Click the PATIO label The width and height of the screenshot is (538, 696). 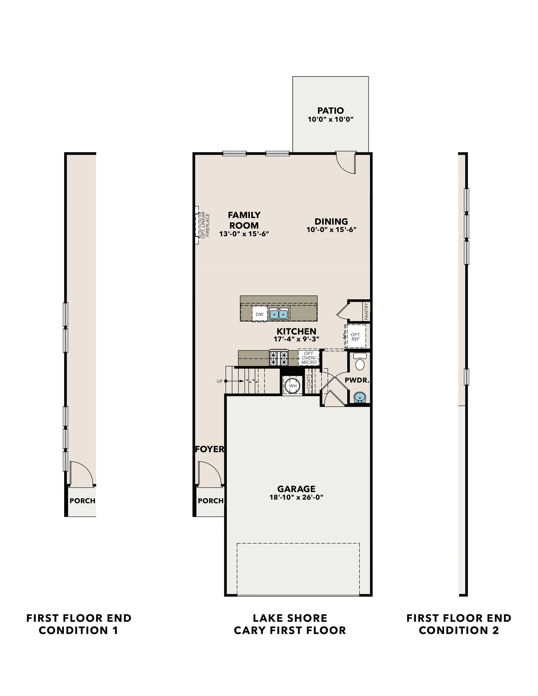(x=331, y=111)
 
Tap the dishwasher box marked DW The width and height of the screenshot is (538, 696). (x=260, y=314)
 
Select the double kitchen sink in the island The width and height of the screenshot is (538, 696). (x=279, y=314)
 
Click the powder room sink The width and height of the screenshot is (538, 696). (x=360, y=397)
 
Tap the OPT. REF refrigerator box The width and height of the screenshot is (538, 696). (x=355, y=337)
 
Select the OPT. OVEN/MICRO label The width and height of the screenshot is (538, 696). (x=309, y=358)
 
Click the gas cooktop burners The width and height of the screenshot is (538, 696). (x=279, y=358)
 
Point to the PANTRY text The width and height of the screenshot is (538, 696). (x=366, y=311)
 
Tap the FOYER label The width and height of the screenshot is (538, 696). (x=210, y=449)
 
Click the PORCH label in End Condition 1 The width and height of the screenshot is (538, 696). (x=82, y=501)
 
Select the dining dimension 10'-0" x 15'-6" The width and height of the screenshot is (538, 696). (x=331, y=229)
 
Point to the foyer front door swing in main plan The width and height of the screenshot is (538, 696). (x=209, y=474)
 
